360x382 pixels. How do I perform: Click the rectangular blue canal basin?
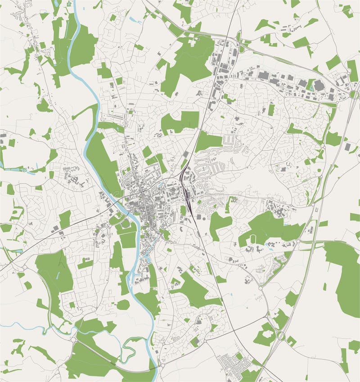click(x=147, y=259)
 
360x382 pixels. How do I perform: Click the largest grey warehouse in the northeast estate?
click(x=319, y=85)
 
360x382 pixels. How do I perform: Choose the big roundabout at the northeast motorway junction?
click(x=353, y=95)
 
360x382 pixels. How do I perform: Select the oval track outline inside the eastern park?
click(x=253, y=239)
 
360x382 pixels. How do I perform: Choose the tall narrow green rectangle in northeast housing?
click(x=271, y=109)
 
